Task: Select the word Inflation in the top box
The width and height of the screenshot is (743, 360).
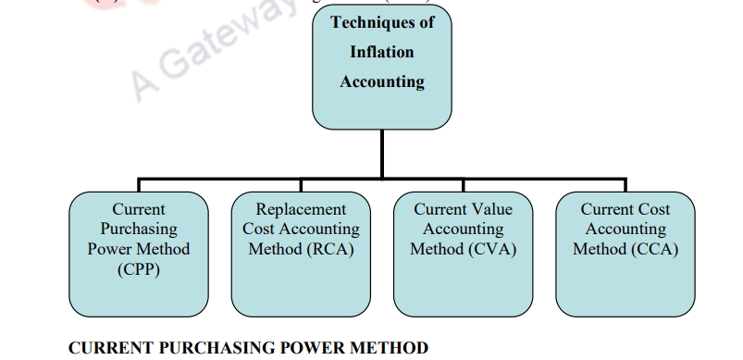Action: click(382, 52)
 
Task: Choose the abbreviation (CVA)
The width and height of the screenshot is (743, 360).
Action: click(495, 249)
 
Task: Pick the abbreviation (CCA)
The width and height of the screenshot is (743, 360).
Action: click(656, 249)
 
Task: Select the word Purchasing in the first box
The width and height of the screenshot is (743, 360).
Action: click(139, 229)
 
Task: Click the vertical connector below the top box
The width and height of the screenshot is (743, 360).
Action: click(382, 153)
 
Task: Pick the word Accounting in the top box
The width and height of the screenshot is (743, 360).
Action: click(382, 81)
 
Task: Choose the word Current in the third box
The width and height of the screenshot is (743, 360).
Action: click(441, 209)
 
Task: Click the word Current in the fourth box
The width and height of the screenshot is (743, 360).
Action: click(605, 209)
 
